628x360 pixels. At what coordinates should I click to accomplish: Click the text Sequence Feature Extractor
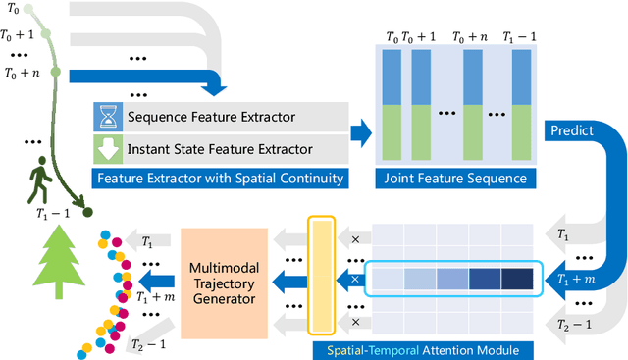coord(211,118)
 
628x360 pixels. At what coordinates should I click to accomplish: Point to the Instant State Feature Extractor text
coord(221,149)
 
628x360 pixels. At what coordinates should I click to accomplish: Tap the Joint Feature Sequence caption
coord(452,179)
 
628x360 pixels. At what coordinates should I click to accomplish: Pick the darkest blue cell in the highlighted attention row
coord(516,280)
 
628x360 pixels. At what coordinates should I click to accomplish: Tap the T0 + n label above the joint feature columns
coord(470,37)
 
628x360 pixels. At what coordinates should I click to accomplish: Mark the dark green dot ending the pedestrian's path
coord(86,210)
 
